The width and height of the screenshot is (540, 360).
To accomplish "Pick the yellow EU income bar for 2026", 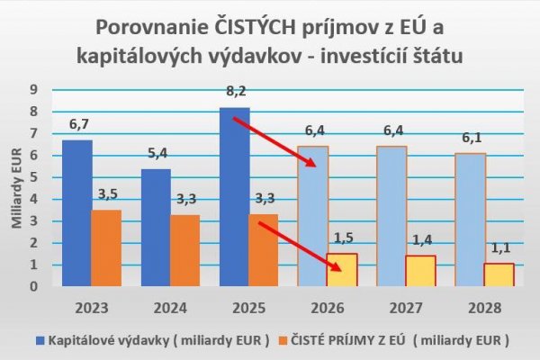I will tap(341, 270).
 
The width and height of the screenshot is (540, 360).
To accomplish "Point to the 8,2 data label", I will tap(233, 92).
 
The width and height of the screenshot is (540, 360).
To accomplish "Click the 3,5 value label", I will tap(106, 194).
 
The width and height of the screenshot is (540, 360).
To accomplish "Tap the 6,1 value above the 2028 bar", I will tap(468, 138).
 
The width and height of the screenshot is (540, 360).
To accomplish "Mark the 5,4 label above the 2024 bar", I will tap(155, 153).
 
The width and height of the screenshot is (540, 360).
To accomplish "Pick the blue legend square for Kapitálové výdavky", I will tap(41, 340).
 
